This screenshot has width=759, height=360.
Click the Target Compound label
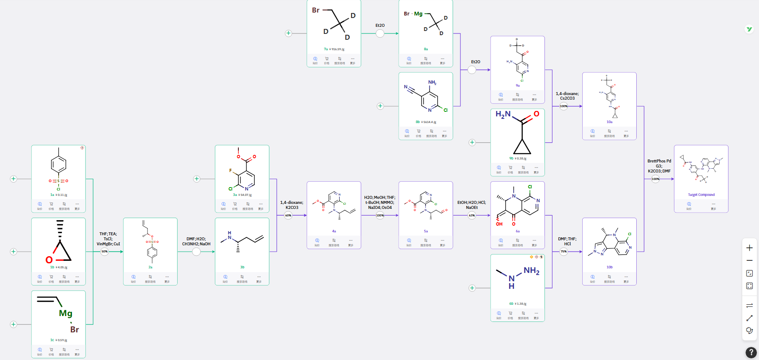click(701, 195)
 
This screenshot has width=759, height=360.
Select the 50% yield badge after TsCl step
click(105, 252)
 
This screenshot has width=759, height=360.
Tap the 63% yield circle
click(472, 216)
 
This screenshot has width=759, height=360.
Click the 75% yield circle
click(564, 252)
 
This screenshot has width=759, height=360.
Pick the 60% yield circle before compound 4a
click(288, 216)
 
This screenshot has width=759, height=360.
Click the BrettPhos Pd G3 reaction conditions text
click(659, 166)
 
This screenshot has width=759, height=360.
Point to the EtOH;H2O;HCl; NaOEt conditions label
click(472, 205)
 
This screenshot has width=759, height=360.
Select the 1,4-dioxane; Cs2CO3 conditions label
click(567, 96)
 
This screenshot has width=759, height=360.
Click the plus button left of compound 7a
click(288, 33)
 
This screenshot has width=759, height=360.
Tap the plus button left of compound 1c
click(13, 324)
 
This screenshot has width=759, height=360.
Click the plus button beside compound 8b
click(380, 106)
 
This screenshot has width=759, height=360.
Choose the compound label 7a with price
click(334, 49)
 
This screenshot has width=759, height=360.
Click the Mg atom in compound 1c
click(65, 314)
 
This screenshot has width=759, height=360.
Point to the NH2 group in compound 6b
click(531, 271)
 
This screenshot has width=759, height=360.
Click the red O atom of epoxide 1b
click(49, 260)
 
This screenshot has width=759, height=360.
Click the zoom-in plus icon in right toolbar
click(749, 248)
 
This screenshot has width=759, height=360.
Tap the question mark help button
click(751, 352)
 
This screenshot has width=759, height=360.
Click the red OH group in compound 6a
click(499, 224)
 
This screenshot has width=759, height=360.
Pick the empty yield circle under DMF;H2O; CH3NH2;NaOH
click(196, 252)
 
